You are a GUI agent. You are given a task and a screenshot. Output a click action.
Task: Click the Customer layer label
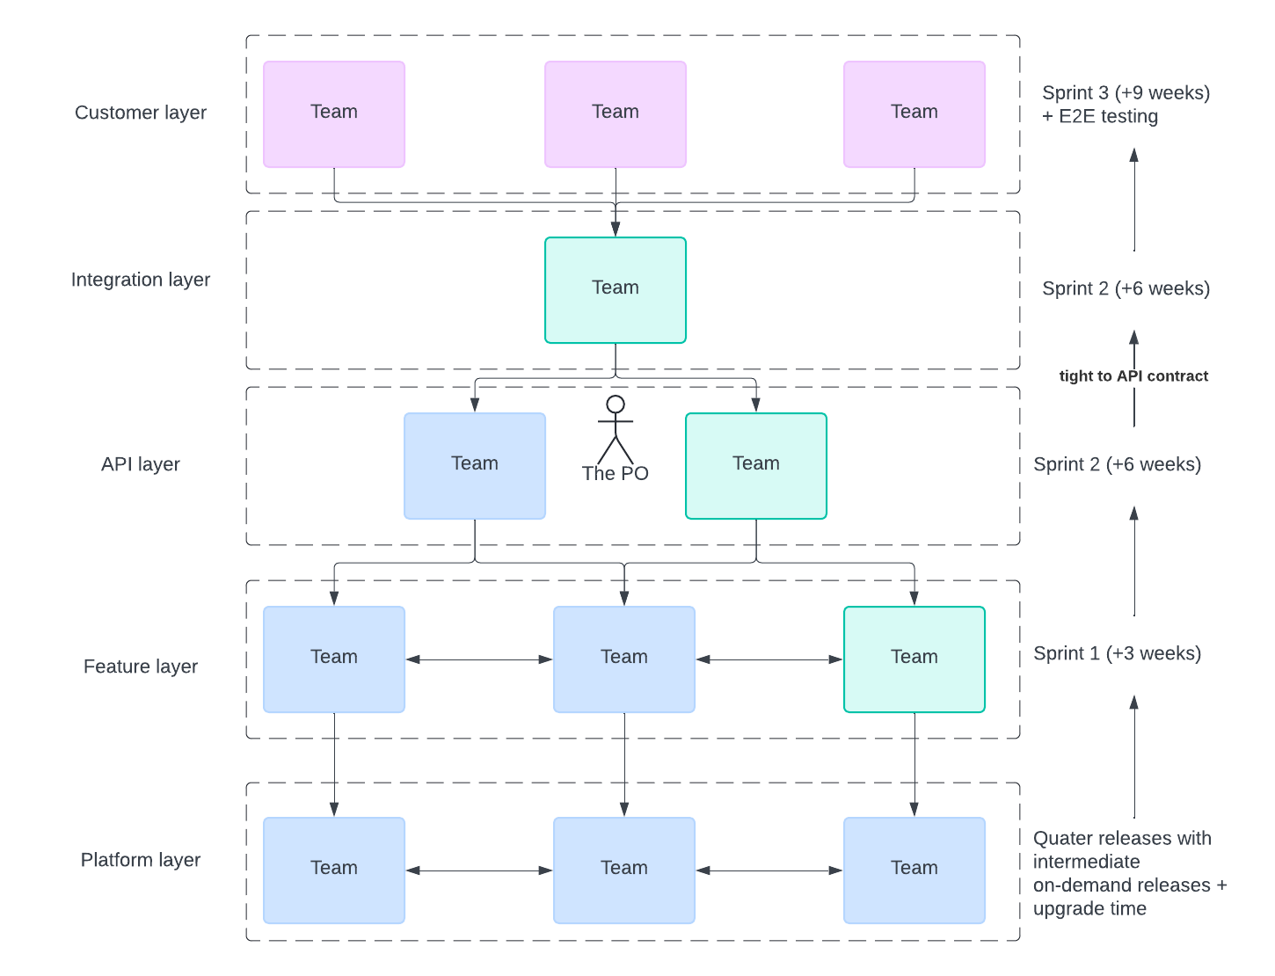coord(140,112)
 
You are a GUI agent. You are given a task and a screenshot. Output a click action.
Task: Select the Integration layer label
coord(140,280)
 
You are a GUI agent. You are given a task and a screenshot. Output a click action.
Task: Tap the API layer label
coord(140,464)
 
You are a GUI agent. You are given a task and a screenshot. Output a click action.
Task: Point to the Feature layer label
coord(140,666)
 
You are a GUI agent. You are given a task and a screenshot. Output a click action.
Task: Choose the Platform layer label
coord(140,860)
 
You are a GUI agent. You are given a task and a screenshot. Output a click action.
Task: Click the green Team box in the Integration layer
coord(615,290)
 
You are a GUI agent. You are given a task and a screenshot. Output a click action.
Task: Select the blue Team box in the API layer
coord(474,466)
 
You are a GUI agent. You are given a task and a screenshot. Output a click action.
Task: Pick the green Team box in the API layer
coord(755,466)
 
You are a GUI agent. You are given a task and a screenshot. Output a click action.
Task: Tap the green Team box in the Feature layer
coord(914,659)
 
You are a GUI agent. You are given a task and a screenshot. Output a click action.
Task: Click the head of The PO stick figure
coord(615,404)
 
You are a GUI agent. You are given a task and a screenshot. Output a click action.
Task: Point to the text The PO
coord(615,473)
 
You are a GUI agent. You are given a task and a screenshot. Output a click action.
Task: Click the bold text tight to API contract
coord(1133,376)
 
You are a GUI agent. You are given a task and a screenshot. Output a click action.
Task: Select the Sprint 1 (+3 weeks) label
coord(1117,652)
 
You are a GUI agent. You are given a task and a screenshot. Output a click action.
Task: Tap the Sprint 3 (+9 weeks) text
coord(1126,92)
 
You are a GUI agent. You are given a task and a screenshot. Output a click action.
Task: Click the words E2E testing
coord(1108,116)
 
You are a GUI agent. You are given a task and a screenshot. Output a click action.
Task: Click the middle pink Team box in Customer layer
coord(615,113)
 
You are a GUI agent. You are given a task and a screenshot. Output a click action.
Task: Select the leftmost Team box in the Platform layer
coord(334,870)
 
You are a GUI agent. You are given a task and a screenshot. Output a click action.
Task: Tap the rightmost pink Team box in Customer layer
coord(914,113)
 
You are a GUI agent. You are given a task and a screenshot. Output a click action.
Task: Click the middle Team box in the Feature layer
coord(623,659)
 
